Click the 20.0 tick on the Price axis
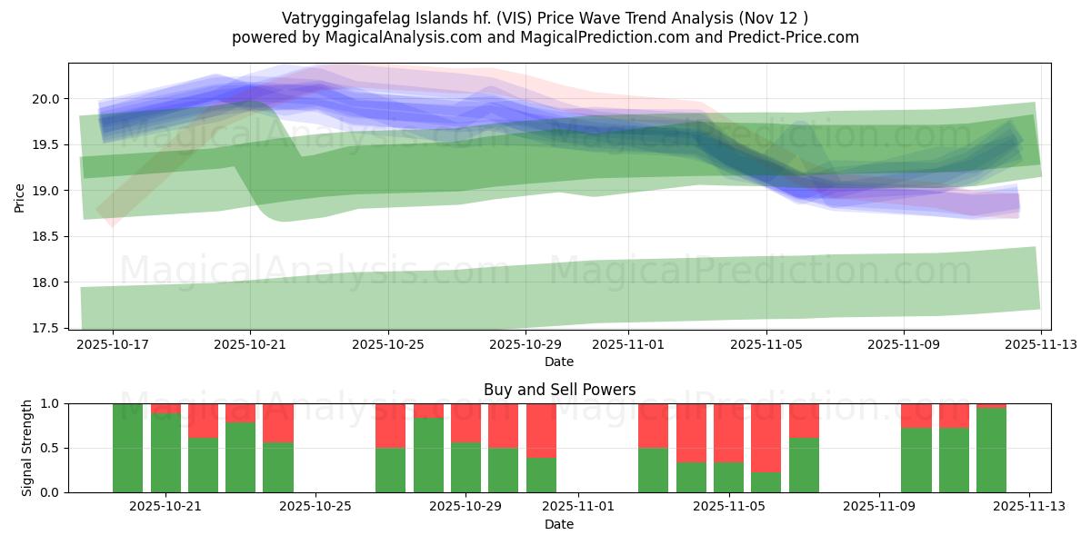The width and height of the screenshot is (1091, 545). pos(49,98)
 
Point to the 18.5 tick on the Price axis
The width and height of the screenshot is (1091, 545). pos(49,236)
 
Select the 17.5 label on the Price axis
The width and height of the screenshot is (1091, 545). pos(49,328)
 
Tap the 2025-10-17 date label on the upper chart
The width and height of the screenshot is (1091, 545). pos(114,345)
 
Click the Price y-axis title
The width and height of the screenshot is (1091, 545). pos(19,196)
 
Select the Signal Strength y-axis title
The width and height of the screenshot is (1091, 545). pos(27,448)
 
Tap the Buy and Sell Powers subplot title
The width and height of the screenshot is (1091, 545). pos(559,390)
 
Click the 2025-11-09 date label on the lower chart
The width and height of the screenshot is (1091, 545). pos(879,507)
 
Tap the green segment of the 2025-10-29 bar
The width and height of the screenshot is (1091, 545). pos(465,468)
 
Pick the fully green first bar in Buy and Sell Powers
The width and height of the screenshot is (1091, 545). pos(127,448)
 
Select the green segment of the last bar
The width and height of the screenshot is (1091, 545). pos(991,451)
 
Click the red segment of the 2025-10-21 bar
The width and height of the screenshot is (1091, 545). pos(165,408)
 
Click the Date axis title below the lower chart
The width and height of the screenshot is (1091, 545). pos(559,524)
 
